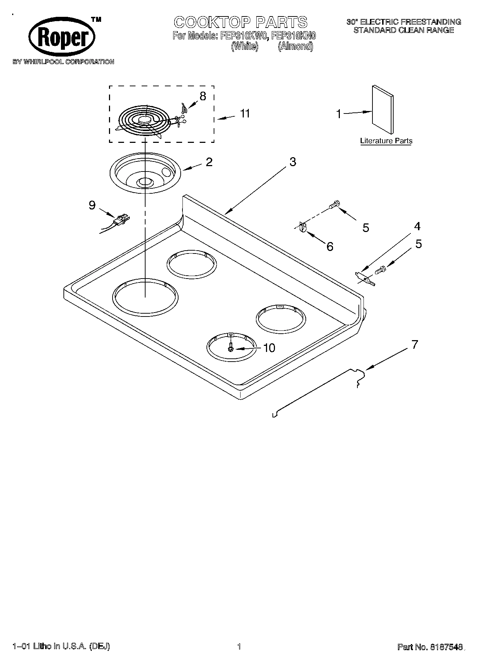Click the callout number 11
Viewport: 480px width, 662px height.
click(x=245, y=113)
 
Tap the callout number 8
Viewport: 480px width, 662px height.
click(x=203, y=96)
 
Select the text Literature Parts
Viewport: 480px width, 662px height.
click(x=386, y=141)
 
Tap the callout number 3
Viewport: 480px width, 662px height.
click(x=293, y=162)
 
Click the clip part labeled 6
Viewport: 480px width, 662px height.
click(x=302, y=228)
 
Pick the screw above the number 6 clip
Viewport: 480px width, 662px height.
click(x=334, y=205)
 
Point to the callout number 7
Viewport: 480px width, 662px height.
click(x=414, y=344)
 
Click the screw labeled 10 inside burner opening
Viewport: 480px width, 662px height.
click(x=231, y=347)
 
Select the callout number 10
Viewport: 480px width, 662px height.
click(x=269, y=348)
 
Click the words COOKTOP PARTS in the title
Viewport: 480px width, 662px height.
click(x=241, y=22)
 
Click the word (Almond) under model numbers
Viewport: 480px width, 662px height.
click(x=295, y=47)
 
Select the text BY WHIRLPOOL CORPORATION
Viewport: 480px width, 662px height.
click(x=63, y=62)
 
